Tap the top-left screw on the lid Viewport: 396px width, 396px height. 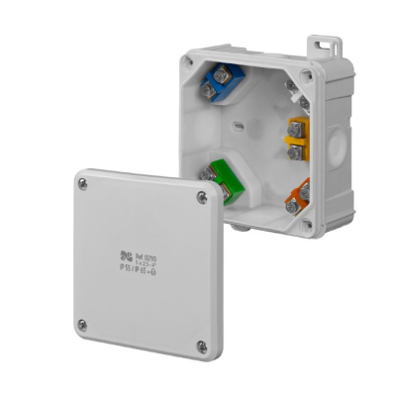click(x=82, y=183)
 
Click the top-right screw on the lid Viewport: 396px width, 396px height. click(x=202, y=198)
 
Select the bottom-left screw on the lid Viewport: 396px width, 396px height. click(x=82, y=323)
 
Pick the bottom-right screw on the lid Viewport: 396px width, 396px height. click(x=201, y=346)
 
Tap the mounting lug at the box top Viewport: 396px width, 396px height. click(x=319, y=46)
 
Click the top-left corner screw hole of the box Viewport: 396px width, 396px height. click(x=186, y=61)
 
